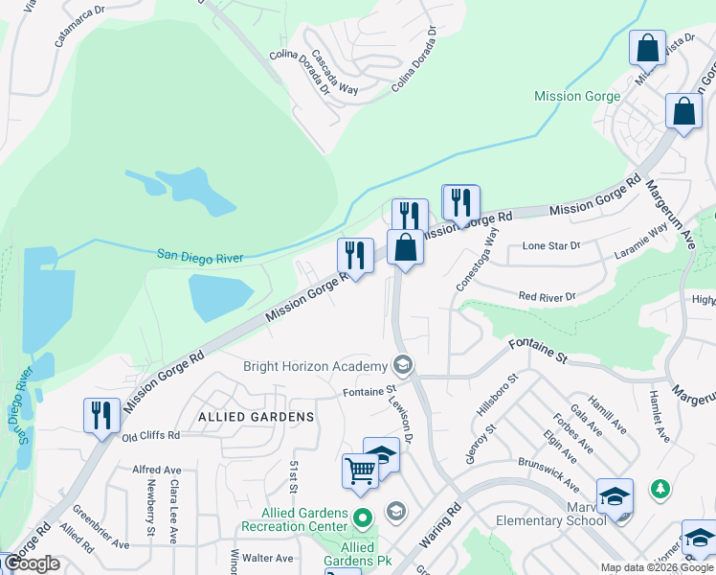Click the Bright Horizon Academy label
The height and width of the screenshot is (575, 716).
pyautogui.click(x=316, y=366)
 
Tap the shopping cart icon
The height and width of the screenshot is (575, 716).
pyautogui.click(x=360, y=471)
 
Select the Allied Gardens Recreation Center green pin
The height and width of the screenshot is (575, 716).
pyautogui.click(x=362, y=519)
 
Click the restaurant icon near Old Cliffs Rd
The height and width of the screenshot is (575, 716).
pyautogui.click(x=101, y=415)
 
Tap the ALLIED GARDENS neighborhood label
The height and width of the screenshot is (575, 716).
pyautogui.click(x=257, y=417)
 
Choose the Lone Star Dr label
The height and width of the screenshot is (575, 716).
pyautogui.click(x=551, y=246)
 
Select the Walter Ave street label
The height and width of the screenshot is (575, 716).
pyautogui.click(x=268, y=558)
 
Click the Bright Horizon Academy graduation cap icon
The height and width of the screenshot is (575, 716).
pyautogui.click(x=403, y=365)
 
